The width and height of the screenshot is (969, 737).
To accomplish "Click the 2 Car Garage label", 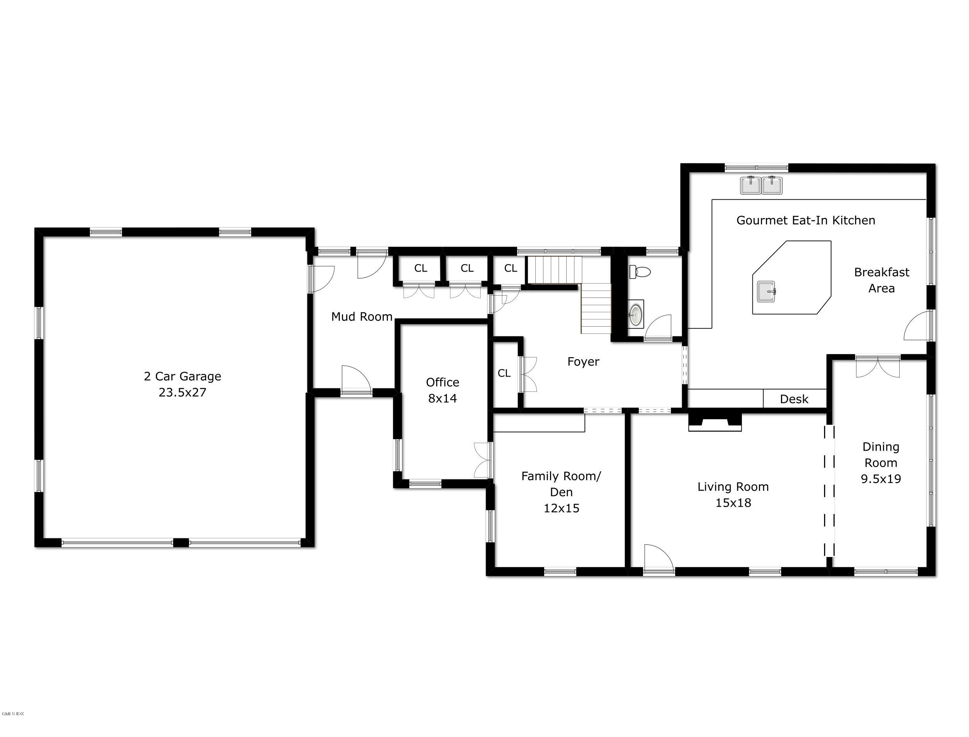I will (182, 376).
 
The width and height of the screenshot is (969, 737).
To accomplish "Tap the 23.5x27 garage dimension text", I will (182, 393).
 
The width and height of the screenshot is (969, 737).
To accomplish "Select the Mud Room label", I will (362, 317).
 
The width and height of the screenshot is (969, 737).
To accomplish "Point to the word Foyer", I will (583, 362).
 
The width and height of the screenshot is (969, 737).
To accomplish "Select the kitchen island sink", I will (766, 292).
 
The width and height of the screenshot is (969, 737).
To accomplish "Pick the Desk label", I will (794, 399).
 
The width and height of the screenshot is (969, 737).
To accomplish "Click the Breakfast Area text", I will (881, 280).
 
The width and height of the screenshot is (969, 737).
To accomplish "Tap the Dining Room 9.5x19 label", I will (881, 463).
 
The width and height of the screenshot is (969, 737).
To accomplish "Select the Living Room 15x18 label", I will (733, 495).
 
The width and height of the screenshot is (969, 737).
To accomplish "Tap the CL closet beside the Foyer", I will (504, 373).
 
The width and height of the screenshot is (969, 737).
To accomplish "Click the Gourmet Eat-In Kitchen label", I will (805, 221).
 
